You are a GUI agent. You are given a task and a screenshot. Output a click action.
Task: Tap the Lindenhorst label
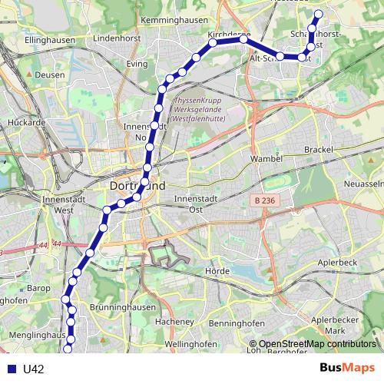click(114, 36)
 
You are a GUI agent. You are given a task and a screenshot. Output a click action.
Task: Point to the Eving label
click(138, 64)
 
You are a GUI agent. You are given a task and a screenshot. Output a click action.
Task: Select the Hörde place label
click(218, 271)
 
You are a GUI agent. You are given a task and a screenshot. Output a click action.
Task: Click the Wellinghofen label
click(187, 343)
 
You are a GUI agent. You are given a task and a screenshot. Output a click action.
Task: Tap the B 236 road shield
click(262, 200)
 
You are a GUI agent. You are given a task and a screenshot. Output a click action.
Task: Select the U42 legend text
click(33, 369)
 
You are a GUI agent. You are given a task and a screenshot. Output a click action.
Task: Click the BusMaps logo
click(347, 368)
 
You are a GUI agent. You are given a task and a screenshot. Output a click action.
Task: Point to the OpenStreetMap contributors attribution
click(316, 345)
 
